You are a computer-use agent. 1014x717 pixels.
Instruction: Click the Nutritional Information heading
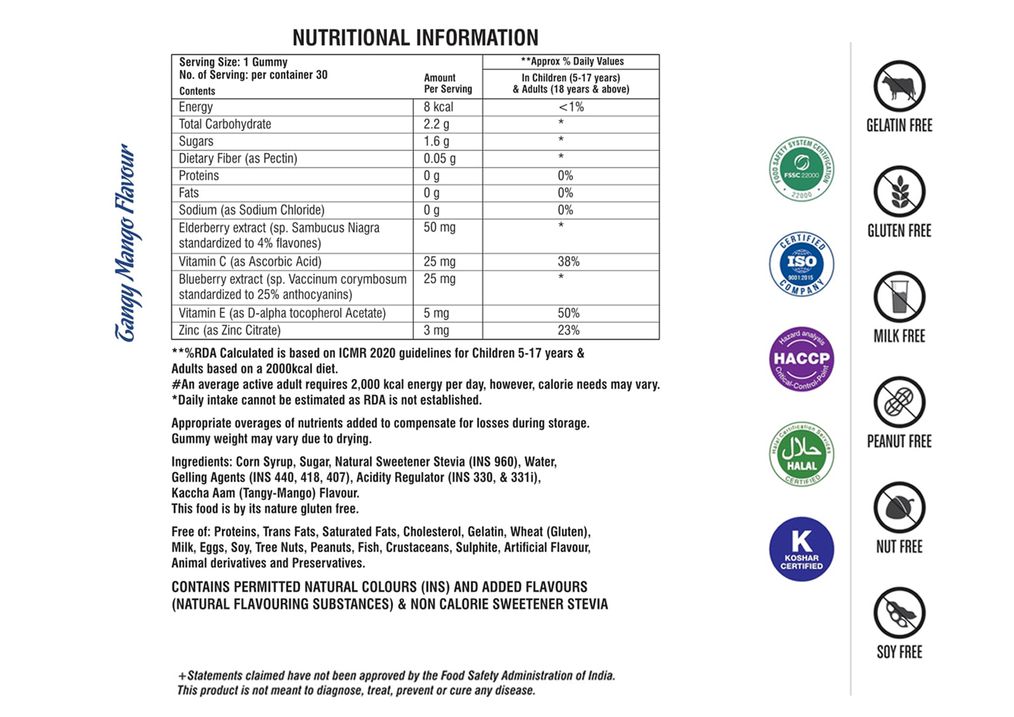415,38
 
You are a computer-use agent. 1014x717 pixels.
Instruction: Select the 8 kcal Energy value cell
438,107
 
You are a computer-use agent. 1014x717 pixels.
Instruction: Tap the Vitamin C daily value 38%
568,262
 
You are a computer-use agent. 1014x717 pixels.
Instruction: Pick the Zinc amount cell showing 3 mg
436,330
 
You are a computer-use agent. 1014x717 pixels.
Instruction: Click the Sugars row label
196,142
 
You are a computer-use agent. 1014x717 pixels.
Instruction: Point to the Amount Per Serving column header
447,84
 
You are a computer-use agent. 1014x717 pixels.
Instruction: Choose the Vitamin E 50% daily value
568,313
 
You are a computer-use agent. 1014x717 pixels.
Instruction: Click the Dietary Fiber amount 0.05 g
439,159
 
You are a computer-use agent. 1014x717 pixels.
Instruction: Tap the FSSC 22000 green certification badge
801,169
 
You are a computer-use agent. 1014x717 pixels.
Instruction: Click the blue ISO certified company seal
801,264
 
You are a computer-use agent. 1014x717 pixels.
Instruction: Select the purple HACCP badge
801,359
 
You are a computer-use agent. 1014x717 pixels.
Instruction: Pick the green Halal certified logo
801,454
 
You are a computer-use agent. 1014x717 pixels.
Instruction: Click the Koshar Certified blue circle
801,549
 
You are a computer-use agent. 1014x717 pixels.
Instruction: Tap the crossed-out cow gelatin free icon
899,87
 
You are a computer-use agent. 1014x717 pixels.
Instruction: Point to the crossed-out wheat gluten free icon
899,192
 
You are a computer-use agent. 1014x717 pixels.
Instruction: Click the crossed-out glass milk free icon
899,297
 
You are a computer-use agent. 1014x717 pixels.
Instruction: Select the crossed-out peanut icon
899,402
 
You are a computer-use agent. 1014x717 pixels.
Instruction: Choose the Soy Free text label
899,652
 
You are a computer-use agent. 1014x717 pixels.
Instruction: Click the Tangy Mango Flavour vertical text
125,243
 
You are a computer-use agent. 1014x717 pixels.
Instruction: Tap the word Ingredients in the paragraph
201,462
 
